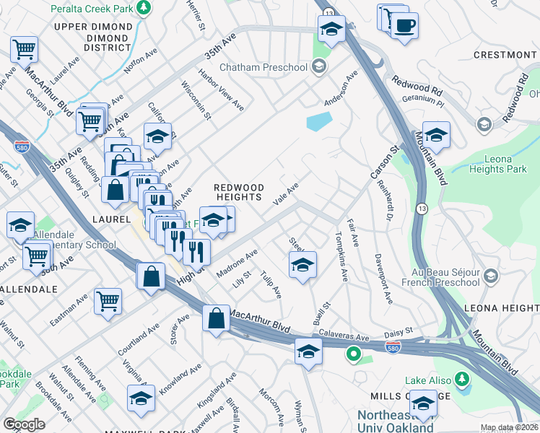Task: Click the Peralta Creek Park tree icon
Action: click(x=144, y=7)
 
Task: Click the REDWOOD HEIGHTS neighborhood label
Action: click(x=237, y=191)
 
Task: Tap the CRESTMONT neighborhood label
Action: click(x=505, y=55)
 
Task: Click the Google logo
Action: click(x=24, y=424)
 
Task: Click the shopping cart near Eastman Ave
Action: click(x=108, y=300)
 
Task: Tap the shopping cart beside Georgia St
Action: click(x=24, y=49)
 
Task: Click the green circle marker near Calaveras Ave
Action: click(x=353, y=354)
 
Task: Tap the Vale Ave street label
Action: click(x=286, y=193)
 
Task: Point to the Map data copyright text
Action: click(x=509, y=427)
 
